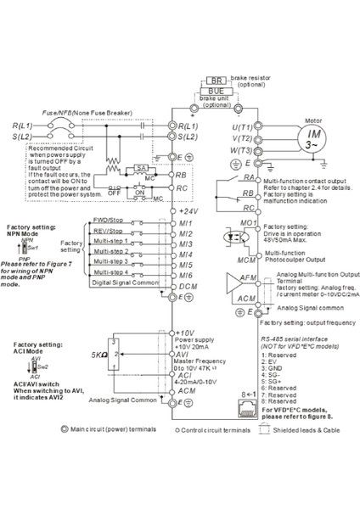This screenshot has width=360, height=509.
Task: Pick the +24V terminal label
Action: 188,209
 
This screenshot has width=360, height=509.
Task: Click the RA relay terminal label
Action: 249,179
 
